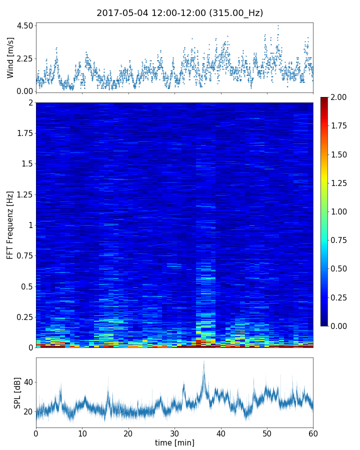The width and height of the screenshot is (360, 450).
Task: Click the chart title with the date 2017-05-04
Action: [179, 13]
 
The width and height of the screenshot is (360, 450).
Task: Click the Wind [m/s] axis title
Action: [10, 57]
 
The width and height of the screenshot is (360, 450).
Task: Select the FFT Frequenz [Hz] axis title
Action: [10, 224]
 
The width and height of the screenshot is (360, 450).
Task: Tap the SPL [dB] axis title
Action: [17, 393]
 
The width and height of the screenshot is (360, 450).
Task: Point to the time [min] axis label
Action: [174, 442]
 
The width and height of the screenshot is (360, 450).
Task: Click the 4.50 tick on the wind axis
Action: [24, 25]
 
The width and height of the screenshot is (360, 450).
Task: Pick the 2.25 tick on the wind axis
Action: [24, 58]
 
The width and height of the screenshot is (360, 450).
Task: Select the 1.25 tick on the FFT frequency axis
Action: [24, 194]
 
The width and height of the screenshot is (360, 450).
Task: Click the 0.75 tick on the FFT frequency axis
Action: [24, 255]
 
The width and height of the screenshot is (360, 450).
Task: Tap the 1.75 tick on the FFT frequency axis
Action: [24, 133]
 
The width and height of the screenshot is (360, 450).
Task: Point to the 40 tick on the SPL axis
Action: [28, 382]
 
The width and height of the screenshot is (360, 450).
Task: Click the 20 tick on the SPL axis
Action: [28, 411]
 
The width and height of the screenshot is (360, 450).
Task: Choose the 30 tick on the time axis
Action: [174, 433]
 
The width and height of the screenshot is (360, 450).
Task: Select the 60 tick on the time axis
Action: [313, 433]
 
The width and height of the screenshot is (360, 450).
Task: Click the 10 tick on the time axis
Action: [82, 433]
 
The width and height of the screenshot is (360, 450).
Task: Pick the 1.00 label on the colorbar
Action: [341, 211]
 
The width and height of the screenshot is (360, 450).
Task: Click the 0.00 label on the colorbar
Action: [341, 326]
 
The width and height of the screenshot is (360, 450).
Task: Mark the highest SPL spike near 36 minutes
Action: [203, 362]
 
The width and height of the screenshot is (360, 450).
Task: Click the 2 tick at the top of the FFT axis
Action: [30, 102]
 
